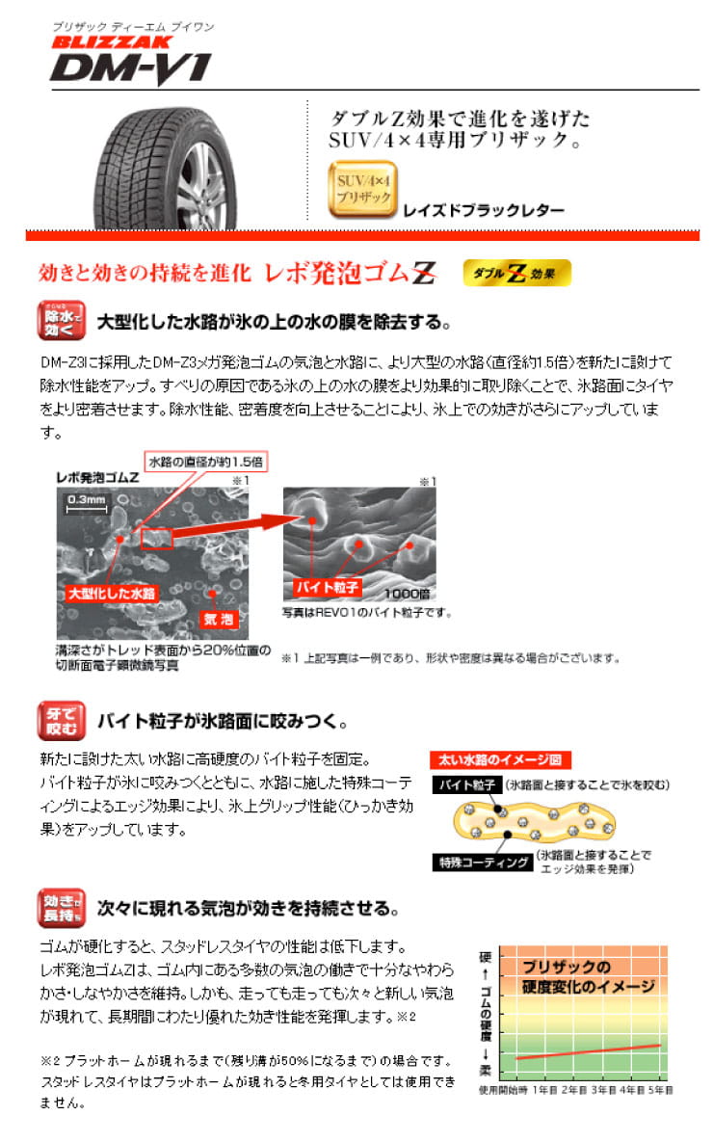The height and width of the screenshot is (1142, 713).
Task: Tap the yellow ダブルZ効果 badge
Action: click(x=516, y=274)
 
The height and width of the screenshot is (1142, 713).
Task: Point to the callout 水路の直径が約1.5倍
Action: click(x=205, y=462)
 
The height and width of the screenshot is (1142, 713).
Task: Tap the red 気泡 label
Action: click(x=214, y=616)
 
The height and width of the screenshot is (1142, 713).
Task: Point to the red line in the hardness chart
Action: click(x=588, y=1051)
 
